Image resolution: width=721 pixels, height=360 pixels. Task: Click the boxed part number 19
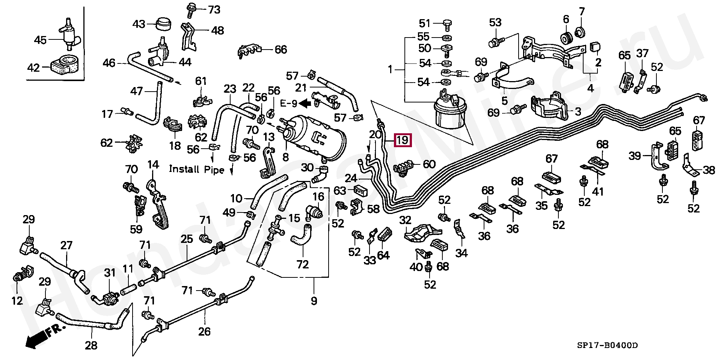402,140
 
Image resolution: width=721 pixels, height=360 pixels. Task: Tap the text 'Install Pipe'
196,169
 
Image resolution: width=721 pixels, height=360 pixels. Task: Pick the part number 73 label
214,10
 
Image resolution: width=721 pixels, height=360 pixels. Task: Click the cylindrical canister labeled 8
315,135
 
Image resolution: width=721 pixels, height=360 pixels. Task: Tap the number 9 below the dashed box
314,301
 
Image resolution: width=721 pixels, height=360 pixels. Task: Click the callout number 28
91,345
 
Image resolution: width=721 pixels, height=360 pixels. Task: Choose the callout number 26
204,331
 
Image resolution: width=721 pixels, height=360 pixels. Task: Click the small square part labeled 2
595,47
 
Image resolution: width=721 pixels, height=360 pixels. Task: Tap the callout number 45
40,40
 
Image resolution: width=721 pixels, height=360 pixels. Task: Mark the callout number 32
405,220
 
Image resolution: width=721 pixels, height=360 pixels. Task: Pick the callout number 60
429,164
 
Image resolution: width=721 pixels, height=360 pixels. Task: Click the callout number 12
17,300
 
